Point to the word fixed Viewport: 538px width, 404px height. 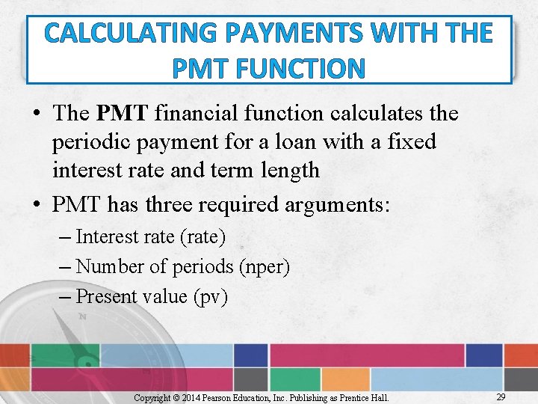point(409,142)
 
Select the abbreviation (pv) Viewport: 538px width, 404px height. point(210,296)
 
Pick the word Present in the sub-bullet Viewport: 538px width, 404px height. point(106,296)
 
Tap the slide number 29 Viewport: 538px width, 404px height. point(501,397)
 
